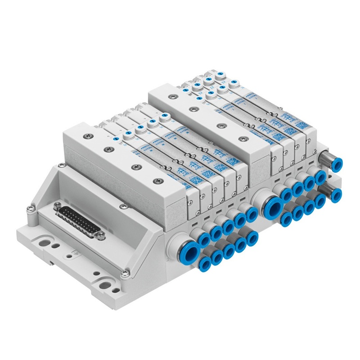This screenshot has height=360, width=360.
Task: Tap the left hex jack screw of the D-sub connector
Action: point(57,207)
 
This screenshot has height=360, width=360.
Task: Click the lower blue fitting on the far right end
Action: point(337,194)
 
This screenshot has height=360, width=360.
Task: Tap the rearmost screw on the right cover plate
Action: point(172,95)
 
